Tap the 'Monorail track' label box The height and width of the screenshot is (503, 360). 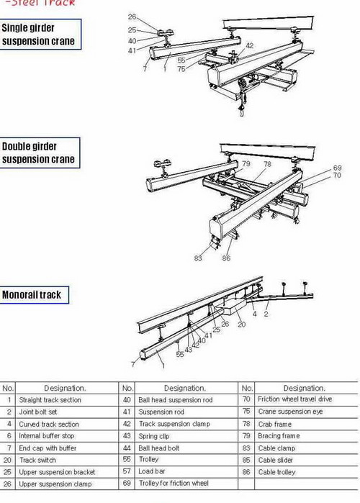click(32, 294)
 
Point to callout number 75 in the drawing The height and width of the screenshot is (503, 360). click(181, 69)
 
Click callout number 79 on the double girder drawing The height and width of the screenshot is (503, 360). click(246, 164)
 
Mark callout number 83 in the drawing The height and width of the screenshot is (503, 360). click(198, 257)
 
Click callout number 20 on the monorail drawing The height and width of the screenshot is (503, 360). click(241, 324)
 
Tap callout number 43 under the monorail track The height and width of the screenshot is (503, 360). click(189, 349)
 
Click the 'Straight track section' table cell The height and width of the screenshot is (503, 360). click(50, 400)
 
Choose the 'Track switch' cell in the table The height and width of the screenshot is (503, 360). click(38, 460)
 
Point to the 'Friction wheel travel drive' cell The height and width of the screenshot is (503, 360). click(294, 400)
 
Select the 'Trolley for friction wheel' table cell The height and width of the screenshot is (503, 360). click(174, 484)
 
